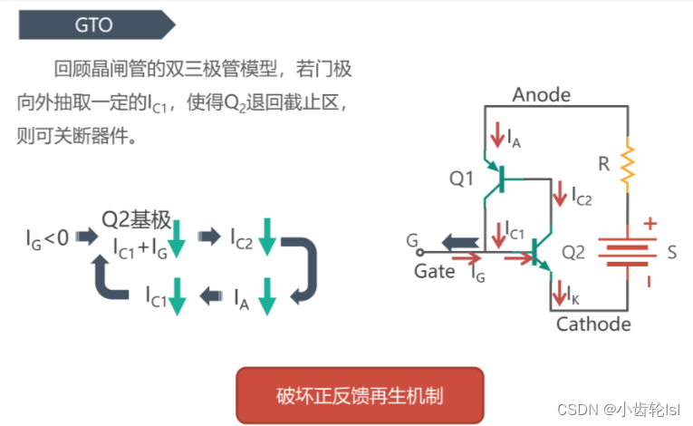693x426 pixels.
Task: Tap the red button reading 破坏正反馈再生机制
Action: click(x=360, y=396)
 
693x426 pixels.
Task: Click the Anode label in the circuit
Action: click(x=541, y=94)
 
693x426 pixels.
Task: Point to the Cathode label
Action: click(x=593, y=324)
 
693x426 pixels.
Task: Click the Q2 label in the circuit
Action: click(x=573, y=252)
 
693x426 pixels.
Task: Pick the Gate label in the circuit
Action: click(x=434, y=271)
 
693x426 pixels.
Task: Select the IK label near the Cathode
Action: click(x=573, y=295)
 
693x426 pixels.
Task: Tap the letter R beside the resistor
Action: click(x=603, y=164)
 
